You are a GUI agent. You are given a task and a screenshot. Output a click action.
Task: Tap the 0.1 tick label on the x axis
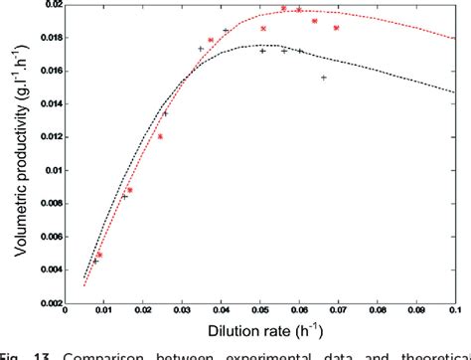point(453,308)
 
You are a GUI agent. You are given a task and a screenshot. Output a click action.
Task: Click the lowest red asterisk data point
point(99,255)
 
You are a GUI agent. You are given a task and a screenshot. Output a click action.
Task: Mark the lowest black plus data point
point(95,261)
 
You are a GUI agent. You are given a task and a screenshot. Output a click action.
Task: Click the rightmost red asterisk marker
point(336,28)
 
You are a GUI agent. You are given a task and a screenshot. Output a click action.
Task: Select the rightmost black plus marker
point(324,78)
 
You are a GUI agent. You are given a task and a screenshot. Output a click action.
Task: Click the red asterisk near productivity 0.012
point(160,136)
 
